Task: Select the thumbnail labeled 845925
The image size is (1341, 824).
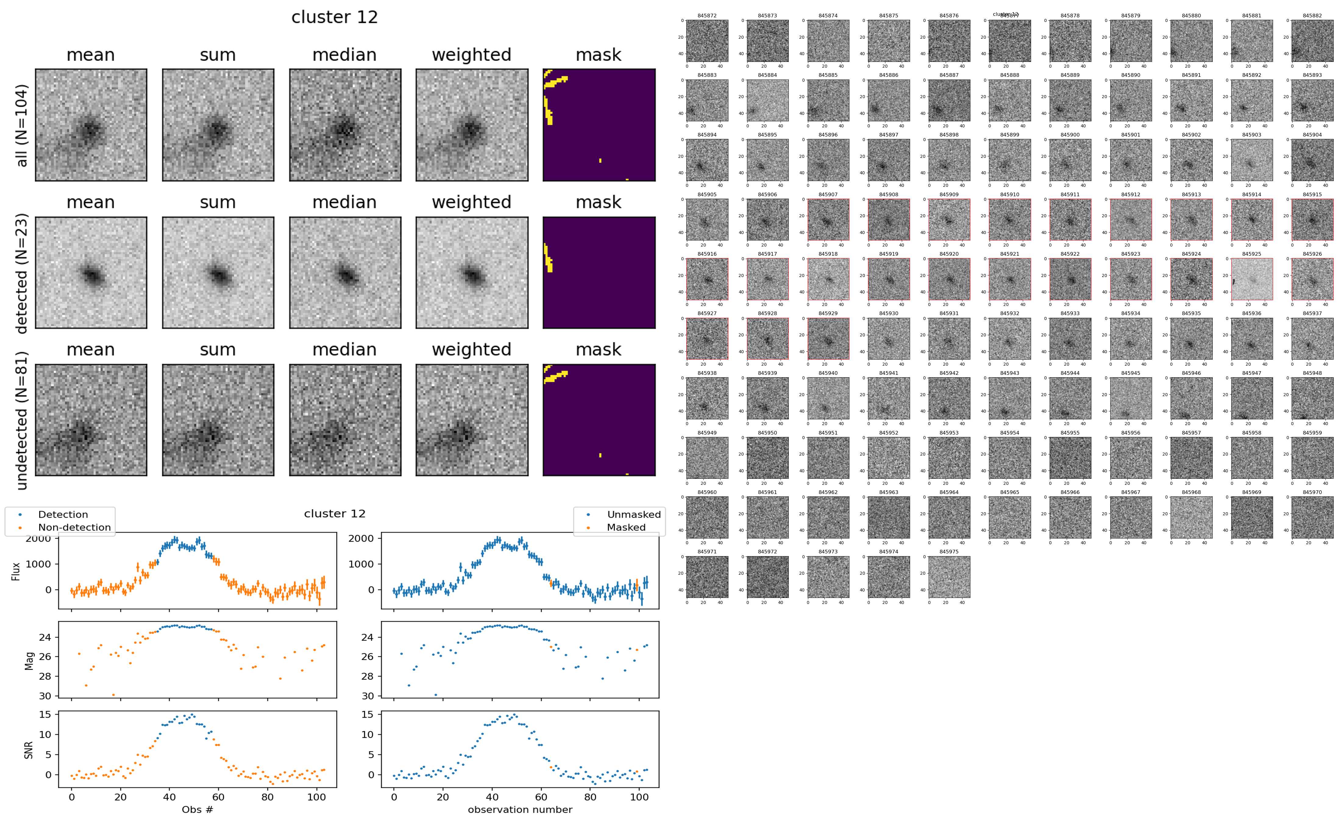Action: (1252, 279)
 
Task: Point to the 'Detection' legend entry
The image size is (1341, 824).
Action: (63, 514)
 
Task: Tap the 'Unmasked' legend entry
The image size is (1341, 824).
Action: (634, 514)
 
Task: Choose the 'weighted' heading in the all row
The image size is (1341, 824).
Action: (471, 55)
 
